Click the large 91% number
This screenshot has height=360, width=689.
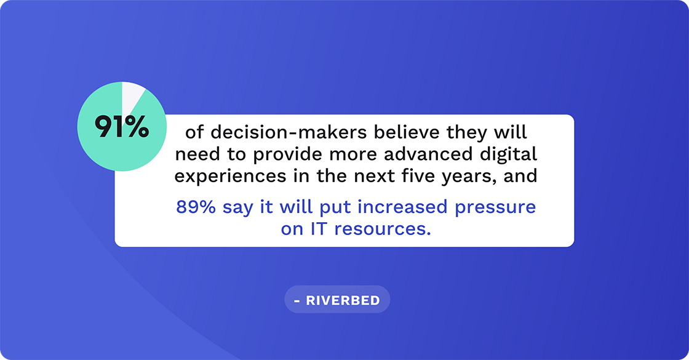pos(122,126)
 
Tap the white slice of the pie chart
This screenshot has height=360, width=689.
pos(131,93)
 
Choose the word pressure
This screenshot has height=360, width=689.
pos(496,207)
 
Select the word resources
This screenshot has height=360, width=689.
pos(380,229)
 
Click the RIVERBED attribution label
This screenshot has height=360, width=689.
pos(337,301)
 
